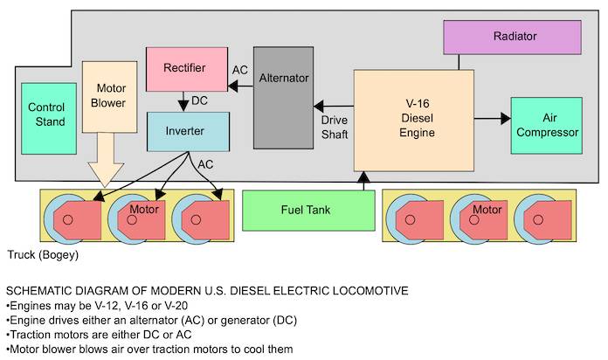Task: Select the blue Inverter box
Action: click(188, 131)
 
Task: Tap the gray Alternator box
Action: click(284, 96)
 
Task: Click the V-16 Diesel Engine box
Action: click(414, 120)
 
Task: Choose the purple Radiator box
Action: click(513, 37)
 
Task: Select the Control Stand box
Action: click(46, 116)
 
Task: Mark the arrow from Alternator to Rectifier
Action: click(239, 85)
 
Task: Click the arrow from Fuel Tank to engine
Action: click(362, 181)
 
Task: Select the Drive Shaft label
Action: click(335, 127)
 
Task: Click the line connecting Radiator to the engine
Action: click(459, 61)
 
